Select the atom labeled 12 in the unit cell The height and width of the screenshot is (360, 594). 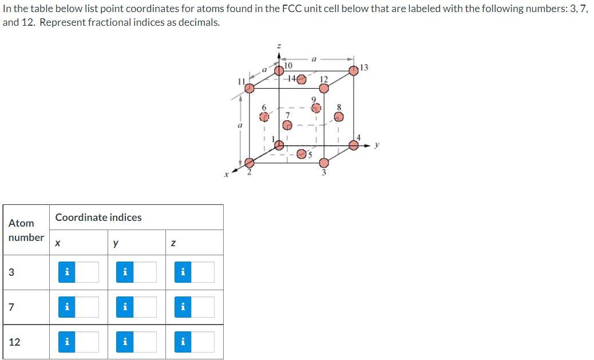[324, 88]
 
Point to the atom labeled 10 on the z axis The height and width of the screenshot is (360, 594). [279, 70]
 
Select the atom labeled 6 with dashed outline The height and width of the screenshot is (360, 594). [264, 116]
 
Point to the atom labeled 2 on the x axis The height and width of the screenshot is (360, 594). [249, 163]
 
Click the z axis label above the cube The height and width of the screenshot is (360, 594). [279, 46]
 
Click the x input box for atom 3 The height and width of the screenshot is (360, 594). [86, 272]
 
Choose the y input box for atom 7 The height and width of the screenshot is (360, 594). [144, 307]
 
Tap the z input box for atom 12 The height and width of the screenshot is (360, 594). [202, 342]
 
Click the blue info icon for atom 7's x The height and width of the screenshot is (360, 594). [67, 307]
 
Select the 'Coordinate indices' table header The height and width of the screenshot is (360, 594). [98, 217]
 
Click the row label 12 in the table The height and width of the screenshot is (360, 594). [15, 342]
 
